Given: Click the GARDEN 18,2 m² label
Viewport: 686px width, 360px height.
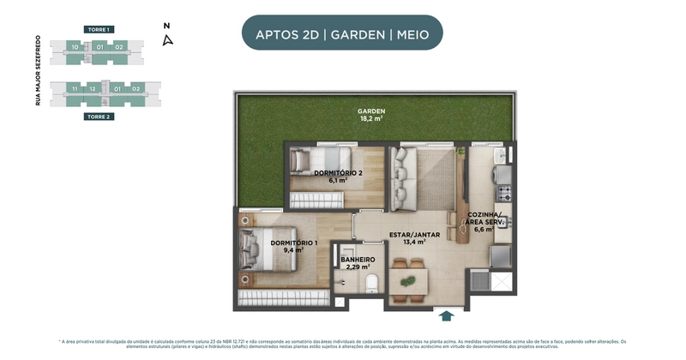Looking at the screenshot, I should (371, 116).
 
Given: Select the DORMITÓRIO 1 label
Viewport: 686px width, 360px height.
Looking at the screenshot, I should (293, 247).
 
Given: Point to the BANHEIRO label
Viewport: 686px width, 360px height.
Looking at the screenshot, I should (358, 263).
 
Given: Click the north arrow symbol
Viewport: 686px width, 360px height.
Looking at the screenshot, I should (168, 39).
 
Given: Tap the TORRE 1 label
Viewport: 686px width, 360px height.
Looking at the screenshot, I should (99, 29).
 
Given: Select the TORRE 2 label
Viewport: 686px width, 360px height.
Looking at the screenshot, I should (99, 116).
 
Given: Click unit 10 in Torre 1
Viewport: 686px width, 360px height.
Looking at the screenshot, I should (75, 47).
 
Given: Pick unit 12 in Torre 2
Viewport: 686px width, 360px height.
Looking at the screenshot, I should (92, 88).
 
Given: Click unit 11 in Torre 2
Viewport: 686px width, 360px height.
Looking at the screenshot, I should (75, 88).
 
